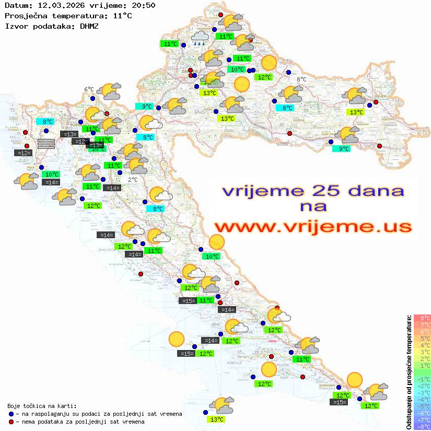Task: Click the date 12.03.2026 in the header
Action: tap(55, 6)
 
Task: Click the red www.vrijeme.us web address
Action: tap(313, 226)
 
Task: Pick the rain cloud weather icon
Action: tap(200, 38)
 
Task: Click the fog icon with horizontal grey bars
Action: tap(46, 144)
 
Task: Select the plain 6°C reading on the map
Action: tap(89, 89)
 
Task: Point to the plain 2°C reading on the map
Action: tap(133, 180)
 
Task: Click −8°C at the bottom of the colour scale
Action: tap(422, 426)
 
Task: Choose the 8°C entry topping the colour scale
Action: tap(422, 318)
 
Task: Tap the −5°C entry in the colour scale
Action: tap(422, 406)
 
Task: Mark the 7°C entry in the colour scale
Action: tap(422, 324)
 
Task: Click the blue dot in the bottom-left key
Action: tap(11, 414)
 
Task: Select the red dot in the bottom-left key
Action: tap(11, 422)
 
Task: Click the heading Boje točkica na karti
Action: tap(42, 406)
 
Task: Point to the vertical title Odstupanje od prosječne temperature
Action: tap(409, 372)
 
